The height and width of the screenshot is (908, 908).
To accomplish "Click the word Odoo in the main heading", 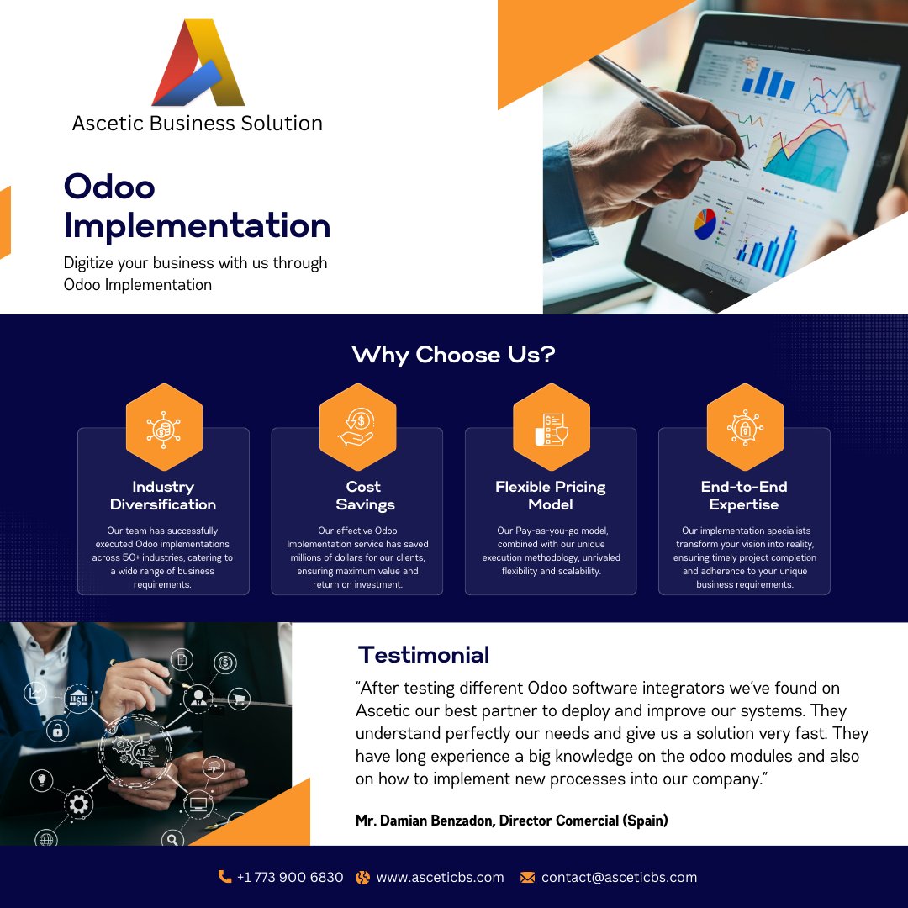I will click(x=109, y=186).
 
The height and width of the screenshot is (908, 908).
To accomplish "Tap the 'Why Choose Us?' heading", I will click(x=453, y=355).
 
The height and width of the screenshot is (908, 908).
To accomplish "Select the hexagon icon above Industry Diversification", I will click(x=164, y=427).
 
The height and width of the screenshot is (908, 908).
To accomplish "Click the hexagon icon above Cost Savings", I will click(x=357, y=427).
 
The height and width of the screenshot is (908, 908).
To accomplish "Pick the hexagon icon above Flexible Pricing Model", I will click(x=551, y=427).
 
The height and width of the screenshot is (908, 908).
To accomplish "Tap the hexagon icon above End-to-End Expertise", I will click(x=744, y=427).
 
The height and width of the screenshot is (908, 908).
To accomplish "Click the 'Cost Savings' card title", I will click(x=364, y=495).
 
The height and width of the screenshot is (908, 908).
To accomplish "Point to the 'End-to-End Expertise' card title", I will click(x=744, y=495).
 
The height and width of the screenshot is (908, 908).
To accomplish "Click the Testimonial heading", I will click(x=423, y=654).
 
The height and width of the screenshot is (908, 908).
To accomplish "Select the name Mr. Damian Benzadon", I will click(x=423, y=821).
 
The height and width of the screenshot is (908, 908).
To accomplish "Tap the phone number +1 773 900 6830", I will click(x=290, y=877).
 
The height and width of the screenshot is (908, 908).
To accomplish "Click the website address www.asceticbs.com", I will click(x=440, y=877).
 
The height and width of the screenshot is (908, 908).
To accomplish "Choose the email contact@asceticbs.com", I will click(x=619, y=877).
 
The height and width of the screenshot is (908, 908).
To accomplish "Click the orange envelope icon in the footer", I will click(x=527, y=877).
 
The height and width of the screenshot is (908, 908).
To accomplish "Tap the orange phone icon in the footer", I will click(x=224, y=877).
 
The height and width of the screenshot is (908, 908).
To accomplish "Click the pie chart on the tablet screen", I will click(x=705, y=224).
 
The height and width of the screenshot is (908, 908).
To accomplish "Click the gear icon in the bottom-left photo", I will click(x=78, y=805).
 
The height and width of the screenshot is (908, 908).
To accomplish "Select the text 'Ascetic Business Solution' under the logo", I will click(x=198, y=123).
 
